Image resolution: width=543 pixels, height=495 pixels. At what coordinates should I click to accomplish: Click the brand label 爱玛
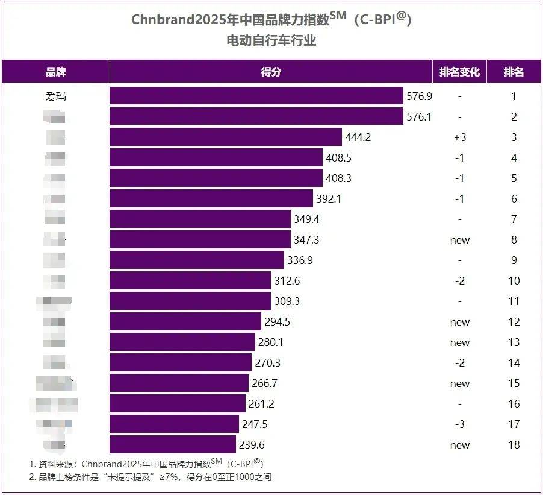tap(56, 96)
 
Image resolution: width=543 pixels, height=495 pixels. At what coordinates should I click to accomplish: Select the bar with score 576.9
tap(256, 96)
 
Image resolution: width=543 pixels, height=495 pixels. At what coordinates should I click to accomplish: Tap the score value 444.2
tap(358, 137)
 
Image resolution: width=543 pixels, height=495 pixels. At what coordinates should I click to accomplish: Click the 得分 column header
tap(271, 72)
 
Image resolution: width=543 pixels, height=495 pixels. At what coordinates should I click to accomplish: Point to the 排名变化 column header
tap(459, 72)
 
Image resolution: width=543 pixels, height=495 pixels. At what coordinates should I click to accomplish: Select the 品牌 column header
tap(56, 72)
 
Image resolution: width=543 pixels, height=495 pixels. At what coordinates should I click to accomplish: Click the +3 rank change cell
tap(459, 137)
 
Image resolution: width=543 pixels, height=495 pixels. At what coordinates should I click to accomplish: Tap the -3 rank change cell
tap(459, 424)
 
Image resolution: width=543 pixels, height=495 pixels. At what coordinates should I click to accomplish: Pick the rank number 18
tap(514, 445)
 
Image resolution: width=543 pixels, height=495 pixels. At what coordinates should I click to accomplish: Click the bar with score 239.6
tap(173, 445)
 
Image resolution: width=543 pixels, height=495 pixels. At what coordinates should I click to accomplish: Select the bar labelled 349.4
tap(200, 219)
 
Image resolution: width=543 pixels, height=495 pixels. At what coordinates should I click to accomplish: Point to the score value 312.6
tap(287, 281)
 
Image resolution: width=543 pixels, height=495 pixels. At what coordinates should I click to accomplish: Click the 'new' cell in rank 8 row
tap(459, 240)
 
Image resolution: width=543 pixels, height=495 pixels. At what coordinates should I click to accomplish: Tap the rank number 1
tap(514, 96)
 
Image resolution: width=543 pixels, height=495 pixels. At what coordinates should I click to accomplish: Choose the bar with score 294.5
tap(185, 322)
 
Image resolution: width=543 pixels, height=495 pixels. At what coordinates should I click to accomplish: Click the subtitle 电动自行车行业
tap(271, 41)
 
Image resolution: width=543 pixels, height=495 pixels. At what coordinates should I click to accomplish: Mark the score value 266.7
tap(264, 383)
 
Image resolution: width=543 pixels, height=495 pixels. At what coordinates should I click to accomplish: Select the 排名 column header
tap(514, 72)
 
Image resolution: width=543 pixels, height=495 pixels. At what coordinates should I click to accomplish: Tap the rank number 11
tap(514, 301)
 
